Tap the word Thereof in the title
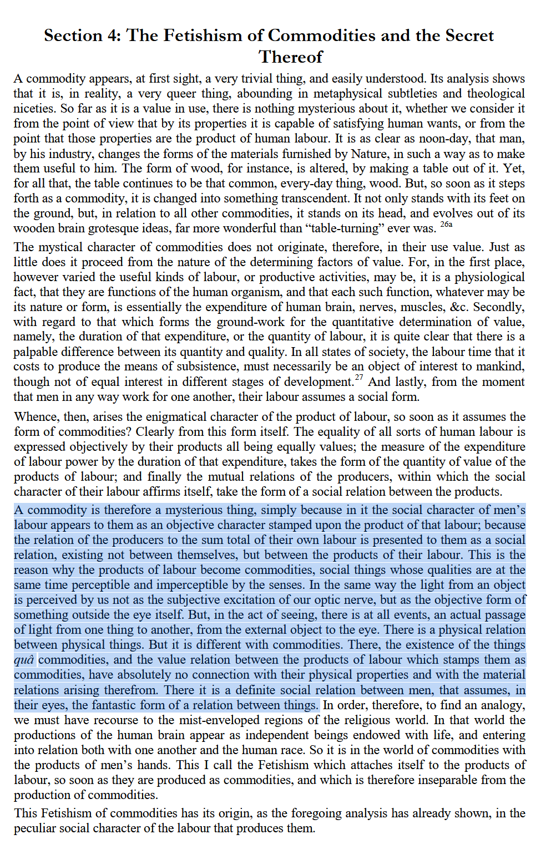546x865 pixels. tap(291, 57)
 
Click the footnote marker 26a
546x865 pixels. tap(446, 224)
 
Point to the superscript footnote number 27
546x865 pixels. tap(359, 378)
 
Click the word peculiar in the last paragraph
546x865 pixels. tap(36, 828)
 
